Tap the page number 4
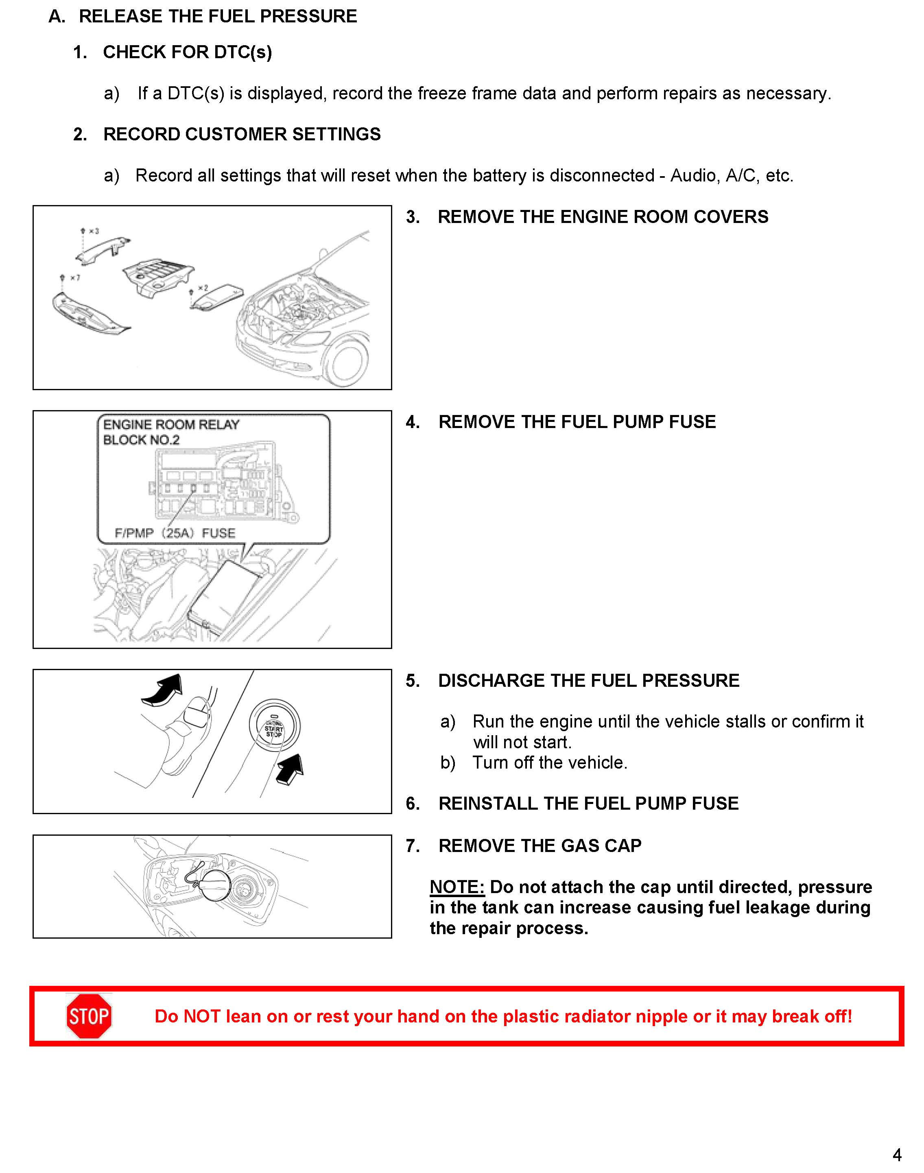click(x=897, y=1155)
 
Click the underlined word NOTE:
click(x=457, y=887)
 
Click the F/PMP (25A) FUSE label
click(x=175, y=533)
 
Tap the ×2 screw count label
click(x=203, y=288)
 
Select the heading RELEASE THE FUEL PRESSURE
click(x=218, y=16)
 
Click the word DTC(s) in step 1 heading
click(x=243, y=52)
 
